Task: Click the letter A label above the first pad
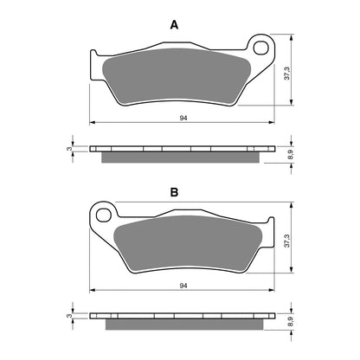174,25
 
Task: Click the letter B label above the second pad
174,191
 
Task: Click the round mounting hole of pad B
104,213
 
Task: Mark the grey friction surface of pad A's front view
177,77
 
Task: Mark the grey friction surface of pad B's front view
186,242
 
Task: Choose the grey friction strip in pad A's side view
181,156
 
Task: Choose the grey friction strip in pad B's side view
181,323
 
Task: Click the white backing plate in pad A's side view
181,148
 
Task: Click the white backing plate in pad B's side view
181,315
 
